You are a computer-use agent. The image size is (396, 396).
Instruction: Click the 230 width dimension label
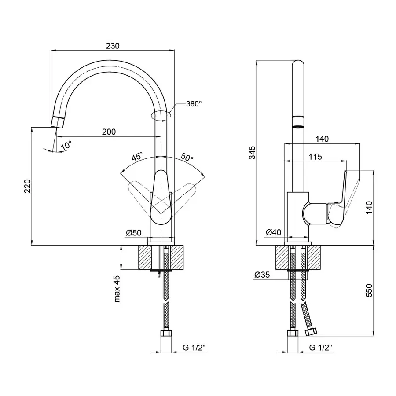click(113, 45)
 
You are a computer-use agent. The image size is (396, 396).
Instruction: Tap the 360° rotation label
click(194, 104)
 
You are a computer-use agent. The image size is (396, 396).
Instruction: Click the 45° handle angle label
click(137, 157)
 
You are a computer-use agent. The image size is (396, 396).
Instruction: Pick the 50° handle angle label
click(187, 157)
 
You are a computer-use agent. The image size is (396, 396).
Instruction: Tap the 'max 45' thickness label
click(117, 289)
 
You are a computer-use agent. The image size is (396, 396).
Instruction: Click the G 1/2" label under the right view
click(320, 348)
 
